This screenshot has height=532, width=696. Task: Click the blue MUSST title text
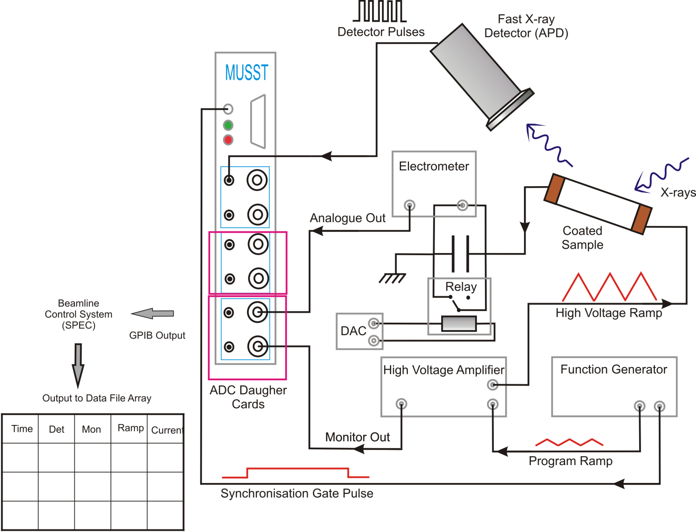[247, 73]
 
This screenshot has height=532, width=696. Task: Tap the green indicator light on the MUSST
[228, 125]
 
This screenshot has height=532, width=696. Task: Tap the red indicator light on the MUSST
[228, 140]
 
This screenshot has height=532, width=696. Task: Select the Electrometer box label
[434, 166]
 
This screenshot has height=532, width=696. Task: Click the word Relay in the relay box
[461, 287]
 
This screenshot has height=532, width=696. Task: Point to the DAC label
[353, 331]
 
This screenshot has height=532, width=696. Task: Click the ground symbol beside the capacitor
[392, 278]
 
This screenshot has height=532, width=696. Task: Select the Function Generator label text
[614, 369]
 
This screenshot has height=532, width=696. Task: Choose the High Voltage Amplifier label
[444, 370]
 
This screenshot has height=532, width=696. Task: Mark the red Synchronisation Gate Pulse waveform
[296, 472]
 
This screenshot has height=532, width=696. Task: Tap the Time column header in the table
[22, 429]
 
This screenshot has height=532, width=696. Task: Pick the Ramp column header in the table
[131, 428]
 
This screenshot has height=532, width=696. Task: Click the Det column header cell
[56, 429]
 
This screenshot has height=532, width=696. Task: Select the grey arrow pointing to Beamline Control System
[153, 313]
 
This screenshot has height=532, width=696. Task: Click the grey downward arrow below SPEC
[78, 365]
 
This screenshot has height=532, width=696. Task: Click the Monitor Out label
[358, 437]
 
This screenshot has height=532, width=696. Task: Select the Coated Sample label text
[582, 238]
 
